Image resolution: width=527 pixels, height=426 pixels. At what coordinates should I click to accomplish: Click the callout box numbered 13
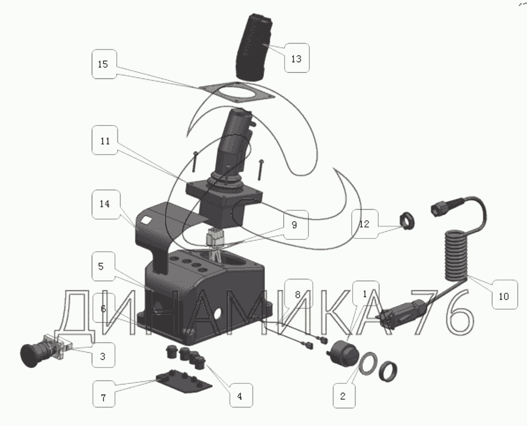point(297,58)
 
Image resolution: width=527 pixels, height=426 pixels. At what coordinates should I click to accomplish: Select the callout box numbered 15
point(104,64)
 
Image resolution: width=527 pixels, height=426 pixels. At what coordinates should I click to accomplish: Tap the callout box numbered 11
point(105,140)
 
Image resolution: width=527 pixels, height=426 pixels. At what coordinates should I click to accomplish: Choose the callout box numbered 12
point(365,224)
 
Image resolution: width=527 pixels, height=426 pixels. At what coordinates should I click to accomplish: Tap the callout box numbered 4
point(240,395)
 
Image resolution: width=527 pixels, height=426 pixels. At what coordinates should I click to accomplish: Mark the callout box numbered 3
point(104,355)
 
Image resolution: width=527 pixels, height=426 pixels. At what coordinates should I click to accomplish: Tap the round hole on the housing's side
point(217,313)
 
